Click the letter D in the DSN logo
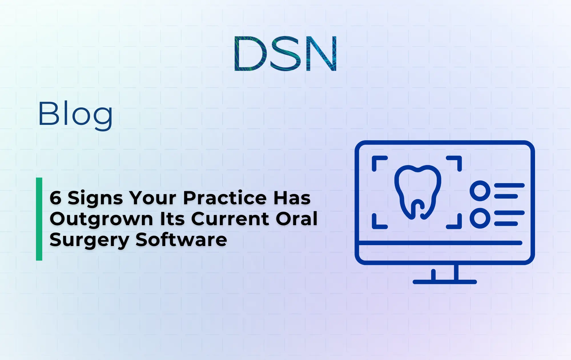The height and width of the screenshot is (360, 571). click(250, 53)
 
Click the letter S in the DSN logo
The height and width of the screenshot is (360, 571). click(286, 53)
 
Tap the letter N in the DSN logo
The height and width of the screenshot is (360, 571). click(321, 53)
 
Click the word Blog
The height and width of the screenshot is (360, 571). click(75, 114)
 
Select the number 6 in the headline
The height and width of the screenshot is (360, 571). click(55, 198)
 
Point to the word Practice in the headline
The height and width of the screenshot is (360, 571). click(225, 198)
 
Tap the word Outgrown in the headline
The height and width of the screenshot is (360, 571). click(101, 219)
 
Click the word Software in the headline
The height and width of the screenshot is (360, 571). click(181, 240)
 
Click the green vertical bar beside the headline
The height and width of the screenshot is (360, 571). click(39, 219)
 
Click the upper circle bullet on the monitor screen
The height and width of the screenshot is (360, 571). click(480, 191)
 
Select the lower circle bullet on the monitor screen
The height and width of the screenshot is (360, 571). click(480, 218)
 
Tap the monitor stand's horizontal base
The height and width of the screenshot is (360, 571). click(445, 282)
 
